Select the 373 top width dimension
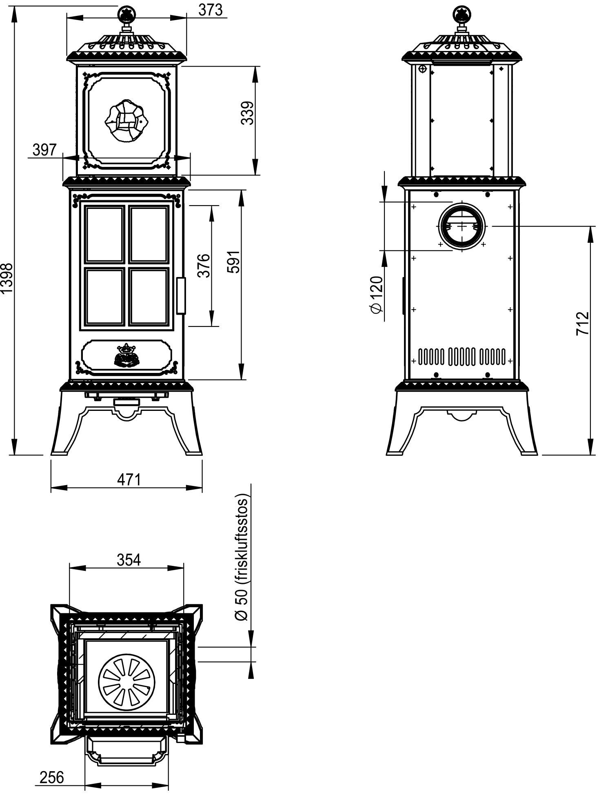211,10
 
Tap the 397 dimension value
44,150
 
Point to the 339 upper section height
248,113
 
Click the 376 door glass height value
204,266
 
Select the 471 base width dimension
129,479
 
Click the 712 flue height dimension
582,324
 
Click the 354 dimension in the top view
129,560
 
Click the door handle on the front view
181,296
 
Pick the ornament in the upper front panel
126,120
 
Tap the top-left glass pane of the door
104,234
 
